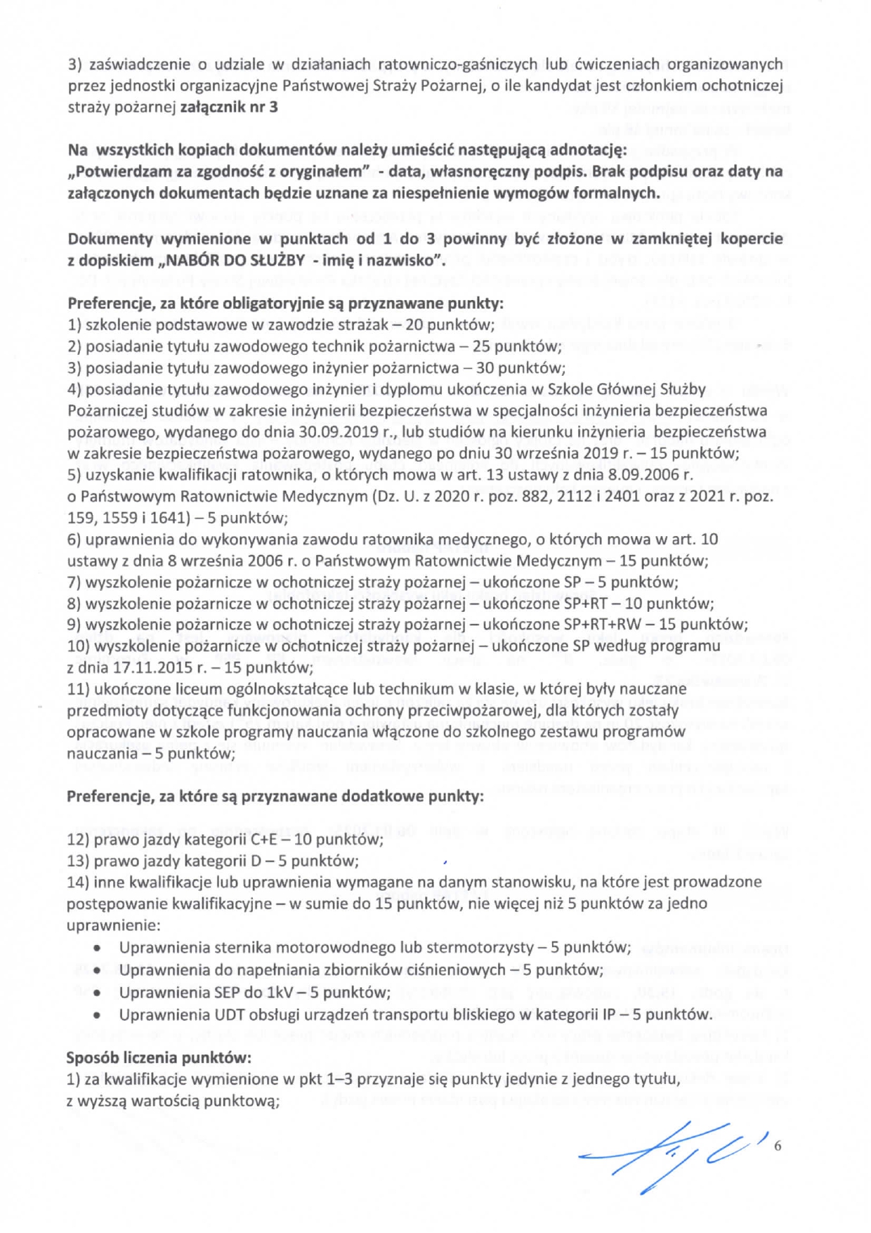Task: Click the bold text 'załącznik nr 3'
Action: pos(229,107)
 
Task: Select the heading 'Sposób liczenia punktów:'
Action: pos(159,1057)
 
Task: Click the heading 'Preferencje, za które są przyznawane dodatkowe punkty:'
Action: pos(275,797)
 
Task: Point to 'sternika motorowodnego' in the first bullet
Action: pos(269,948)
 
